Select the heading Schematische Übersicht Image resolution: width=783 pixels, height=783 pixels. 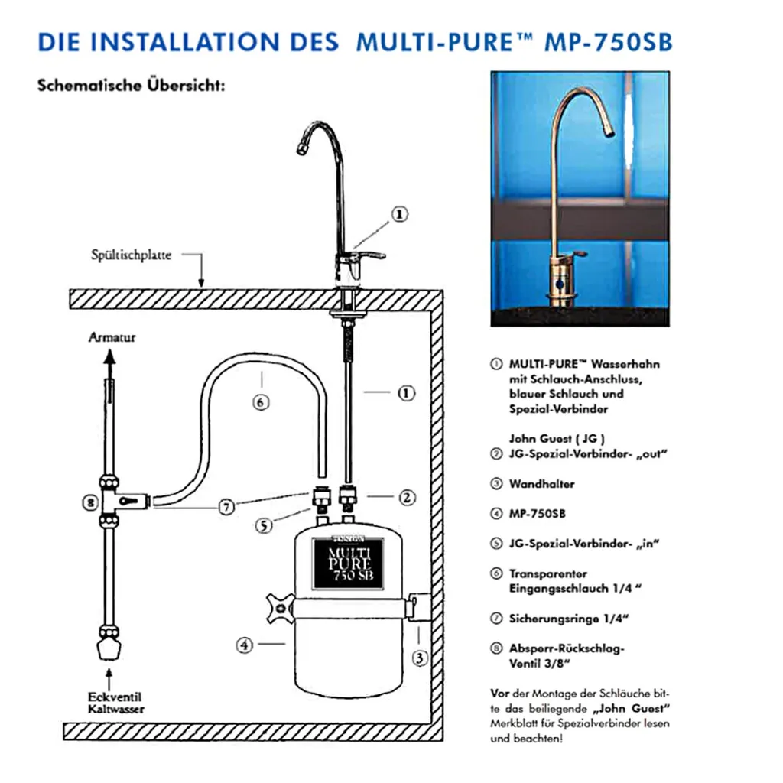coord(131,86)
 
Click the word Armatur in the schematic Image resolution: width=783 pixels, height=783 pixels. coord(112,336)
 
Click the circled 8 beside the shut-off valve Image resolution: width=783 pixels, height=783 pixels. coord(90,502)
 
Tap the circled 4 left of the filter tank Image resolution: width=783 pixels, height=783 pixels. coord(243,645)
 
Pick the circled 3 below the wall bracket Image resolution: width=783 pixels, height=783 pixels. coord(420,655)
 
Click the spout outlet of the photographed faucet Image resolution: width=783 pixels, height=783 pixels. coord(610,133)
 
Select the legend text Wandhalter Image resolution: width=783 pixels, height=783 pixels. coord(541,484)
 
